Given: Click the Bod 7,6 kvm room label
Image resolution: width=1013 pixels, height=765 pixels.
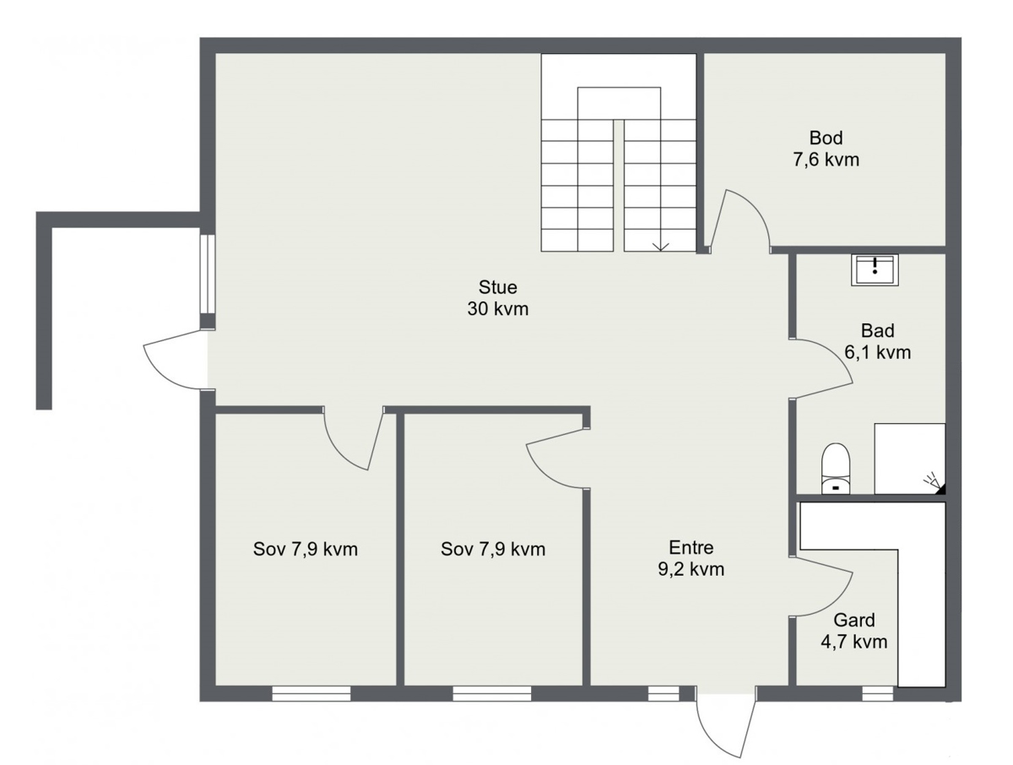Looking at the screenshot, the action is coord(826,149).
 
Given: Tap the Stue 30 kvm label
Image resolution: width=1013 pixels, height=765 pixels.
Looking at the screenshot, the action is coord(497,297).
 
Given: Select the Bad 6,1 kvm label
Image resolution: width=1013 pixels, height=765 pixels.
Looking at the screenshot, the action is coord(877,341).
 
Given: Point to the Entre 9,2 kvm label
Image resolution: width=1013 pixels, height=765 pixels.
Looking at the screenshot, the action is coord(691,558).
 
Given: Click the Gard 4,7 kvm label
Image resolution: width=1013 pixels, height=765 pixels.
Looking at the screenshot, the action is coord(853,631).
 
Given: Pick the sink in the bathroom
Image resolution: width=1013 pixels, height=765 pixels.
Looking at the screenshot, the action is coord(875,270).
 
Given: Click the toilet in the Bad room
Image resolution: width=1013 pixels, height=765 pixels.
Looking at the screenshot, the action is coord(836,469).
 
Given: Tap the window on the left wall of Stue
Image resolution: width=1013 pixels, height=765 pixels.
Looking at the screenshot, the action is coord(207,274).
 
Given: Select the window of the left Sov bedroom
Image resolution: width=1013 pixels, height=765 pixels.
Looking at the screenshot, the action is coord(311,693).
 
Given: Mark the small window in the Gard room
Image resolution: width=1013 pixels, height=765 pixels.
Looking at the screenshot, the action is coord(877,693).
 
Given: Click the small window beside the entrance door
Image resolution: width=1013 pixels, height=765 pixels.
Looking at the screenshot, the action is coord(664,693).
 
